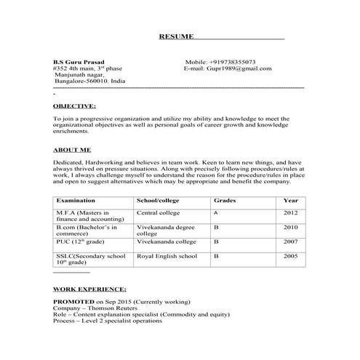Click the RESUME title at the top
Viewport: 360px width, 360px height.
point(177,36)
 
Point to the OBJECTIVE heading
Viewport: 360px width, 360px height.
point(76,105)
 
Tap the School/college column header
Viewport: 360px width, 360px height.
point(158,199)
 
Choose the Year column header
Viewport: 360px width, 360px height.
point(290,199)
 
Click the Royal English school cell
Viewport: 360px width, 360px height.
point(167,257)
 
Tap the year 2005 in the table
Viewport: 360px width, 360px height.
point(290,257)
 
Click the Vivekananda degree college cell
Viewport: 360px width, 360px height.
point(165,231)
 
